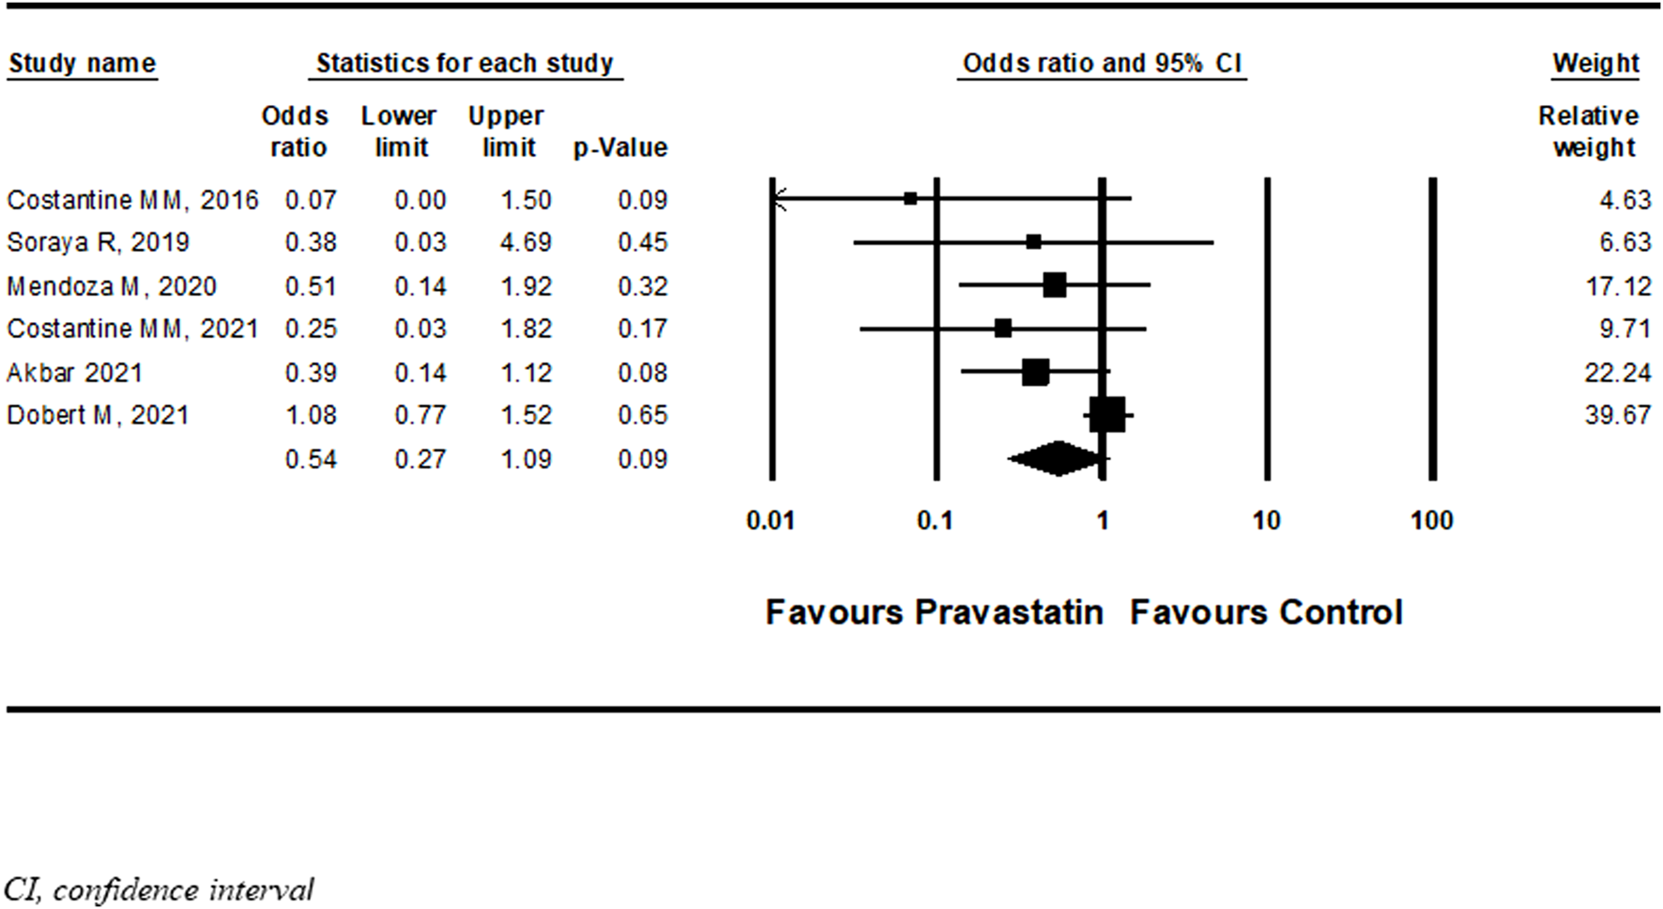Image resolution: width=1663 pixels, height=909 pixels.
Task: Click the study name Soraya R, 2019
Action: click(98, 242)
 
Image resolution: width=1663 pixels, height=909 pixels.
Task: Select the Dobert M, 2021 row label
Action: click(98, 415)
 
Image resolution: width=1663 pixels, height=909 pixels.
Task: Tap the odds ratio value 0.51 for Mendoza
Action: click(311, 285)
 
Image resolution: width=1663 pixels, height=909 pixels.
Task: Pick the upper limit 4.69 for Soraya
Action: click(526, 242)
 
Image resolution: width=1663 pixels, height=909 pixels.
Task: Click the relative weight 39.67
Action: click(1617, 415)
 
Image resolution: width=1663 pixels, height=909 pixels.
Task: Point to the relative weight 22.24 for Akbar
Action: click(1617, 373)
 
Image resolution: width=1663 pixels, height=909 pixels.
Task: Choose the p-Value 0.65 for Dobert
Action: click(642, 415)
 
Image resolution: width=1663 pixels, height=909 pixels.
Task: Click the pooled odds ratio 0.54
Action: click(311, 459)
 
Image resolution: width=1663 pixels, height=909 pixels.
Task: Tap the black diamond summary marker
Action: click(1057, 459)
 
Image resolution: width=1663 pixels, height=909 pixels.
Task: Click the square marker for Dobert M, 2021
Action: click(1107, 415)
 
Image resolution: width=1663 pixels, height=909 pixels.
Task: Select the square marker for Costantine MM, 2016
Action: click(910, 199)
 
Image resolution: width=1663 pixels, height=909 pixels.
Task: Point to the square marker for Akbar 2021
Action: click(1035, 373)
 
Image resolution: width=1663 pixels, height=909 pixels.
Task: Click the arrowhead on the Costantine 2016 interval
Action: click(777, 199)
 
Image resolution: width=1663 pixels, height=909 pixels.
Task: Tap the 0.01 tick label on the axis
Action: click(770, 520)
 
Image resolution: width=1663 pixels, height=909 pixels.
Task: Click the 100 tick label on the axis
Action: click(1431, 520)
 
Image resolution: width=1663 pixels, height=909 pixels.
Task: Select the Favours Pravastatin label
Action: click(934, 612)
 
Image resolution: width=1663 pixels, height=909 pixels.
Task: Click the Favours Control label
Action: click(1266, 612)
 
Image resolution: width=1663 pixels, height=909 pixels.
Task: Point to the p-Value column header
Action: click(620, 147)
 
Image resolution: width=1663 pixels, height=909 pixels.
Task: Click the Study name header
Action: click(82, 64)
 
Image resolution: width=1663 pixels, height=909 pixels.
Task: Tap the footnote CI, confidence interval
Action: click(159, 889)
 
